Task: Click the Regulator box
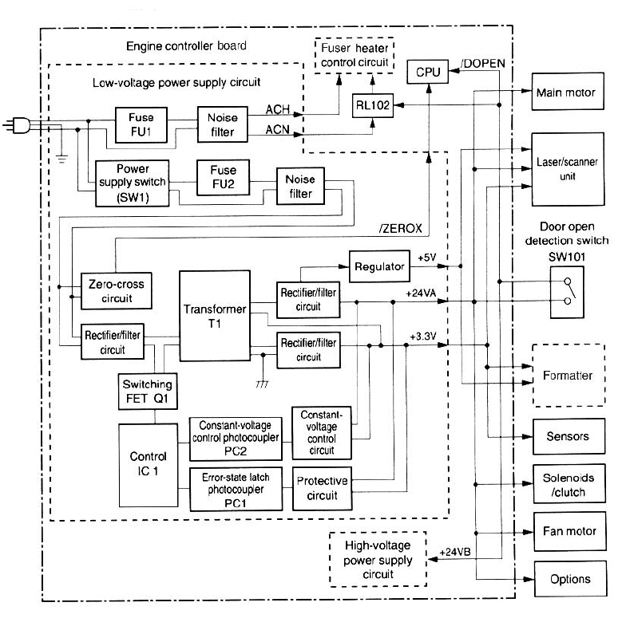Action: coord(378,266)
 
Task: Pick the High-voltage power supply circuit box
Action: coord(378,558)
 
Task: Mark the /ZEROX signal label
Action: coord(401,228)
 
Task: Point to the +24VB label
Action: coord(456,552)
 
